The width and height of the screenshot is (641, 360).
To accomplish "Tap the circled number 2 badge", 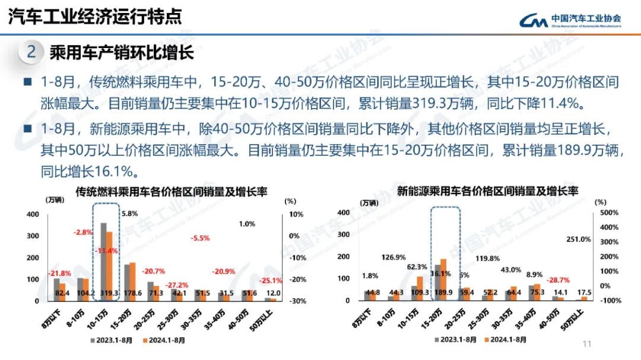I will (x=31, y=52).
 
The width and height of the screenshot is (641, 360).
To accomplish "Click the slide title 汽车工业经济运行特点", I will (x=95, y=17).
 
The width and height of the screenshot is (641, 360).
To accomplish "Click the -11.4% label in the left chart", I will (x=107, y=251).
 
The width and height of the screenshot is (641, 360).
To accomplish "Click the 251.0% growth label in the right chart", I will (x=579, y=239).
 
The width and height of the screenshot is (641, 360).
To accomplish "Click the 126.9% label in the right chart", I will (x=394, y=257).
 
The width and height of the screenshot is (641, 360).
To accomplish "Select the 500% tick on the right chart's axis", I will (x=610, y=212).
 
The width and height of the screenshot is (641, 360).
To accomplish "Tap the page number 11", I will (x=588, y=344).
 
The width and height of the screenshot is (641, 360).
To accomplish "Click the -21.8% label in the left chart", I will (x=59, y=272).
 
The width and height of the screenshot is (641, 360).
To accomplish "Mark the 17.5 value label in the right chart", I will (x=585, y=292).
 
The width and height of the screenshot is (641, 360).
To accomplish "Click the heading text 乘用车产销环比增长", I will (x=122, y=53).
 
